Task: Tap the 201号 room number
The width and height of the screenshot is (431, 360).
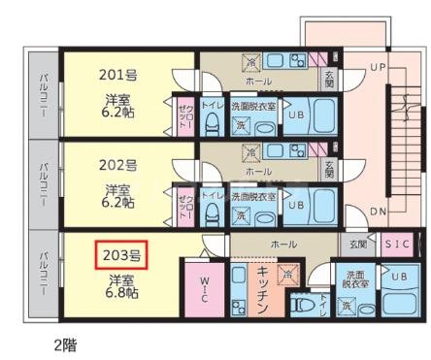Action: pyautogui.click(x=118, y=75)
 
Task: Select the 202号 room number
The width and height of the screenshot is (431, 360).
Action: pyautogui.click(x=118, y=164)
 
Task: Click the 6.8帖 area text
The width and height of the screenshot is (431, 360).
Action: pyautogui.click(x=122, y=292)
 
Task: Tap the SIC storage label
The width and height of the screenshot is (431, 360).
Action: pyautogui.click(x=397, y=244)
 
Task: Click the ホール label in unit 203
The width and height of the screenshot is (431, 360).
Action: pyautogui.click(x=283, y=245)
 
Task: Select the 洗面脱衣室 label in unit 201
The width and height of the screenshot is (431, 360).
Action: pyautogui.click(x=253, y=104)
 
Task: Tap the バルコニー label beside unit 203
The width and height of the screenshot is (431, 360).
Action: pyautogui.click(x=45, y=274)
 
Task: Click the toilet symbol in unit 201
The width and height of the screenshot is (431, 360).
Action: pyautogui.click(x=213, y=121)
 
